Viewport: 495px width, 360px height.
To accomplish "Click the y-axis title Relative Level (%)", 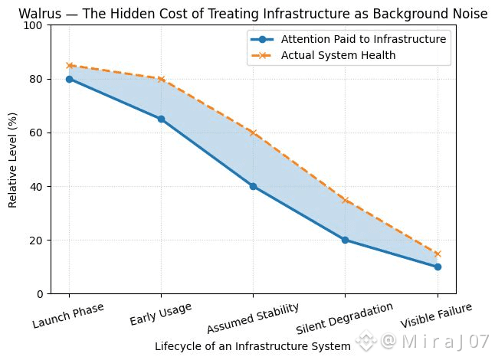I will click(x=13, y=159).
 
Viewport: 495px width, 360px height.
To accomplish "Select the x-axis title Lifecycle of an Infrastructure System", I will click(x=252, y=346).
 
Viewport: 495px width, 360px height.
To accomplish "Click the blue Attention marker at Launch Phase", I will click(x=69, y=79).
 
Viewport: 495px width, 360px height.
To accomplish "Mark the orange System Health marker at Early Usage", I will click(x=161, y=79).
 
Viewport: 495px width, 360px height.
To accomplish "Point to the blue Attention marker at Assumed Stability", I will click(x=253, y=186).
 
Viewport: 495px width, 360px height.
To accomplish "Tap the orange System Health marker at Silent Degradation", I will click(x=346, y=200).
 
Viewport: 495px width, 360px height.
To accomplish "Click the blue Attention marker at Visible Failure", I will click(x=438, y=267).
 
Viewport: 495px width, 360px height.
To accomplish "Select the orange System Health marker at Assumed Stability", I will click(x=253, y=133).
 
